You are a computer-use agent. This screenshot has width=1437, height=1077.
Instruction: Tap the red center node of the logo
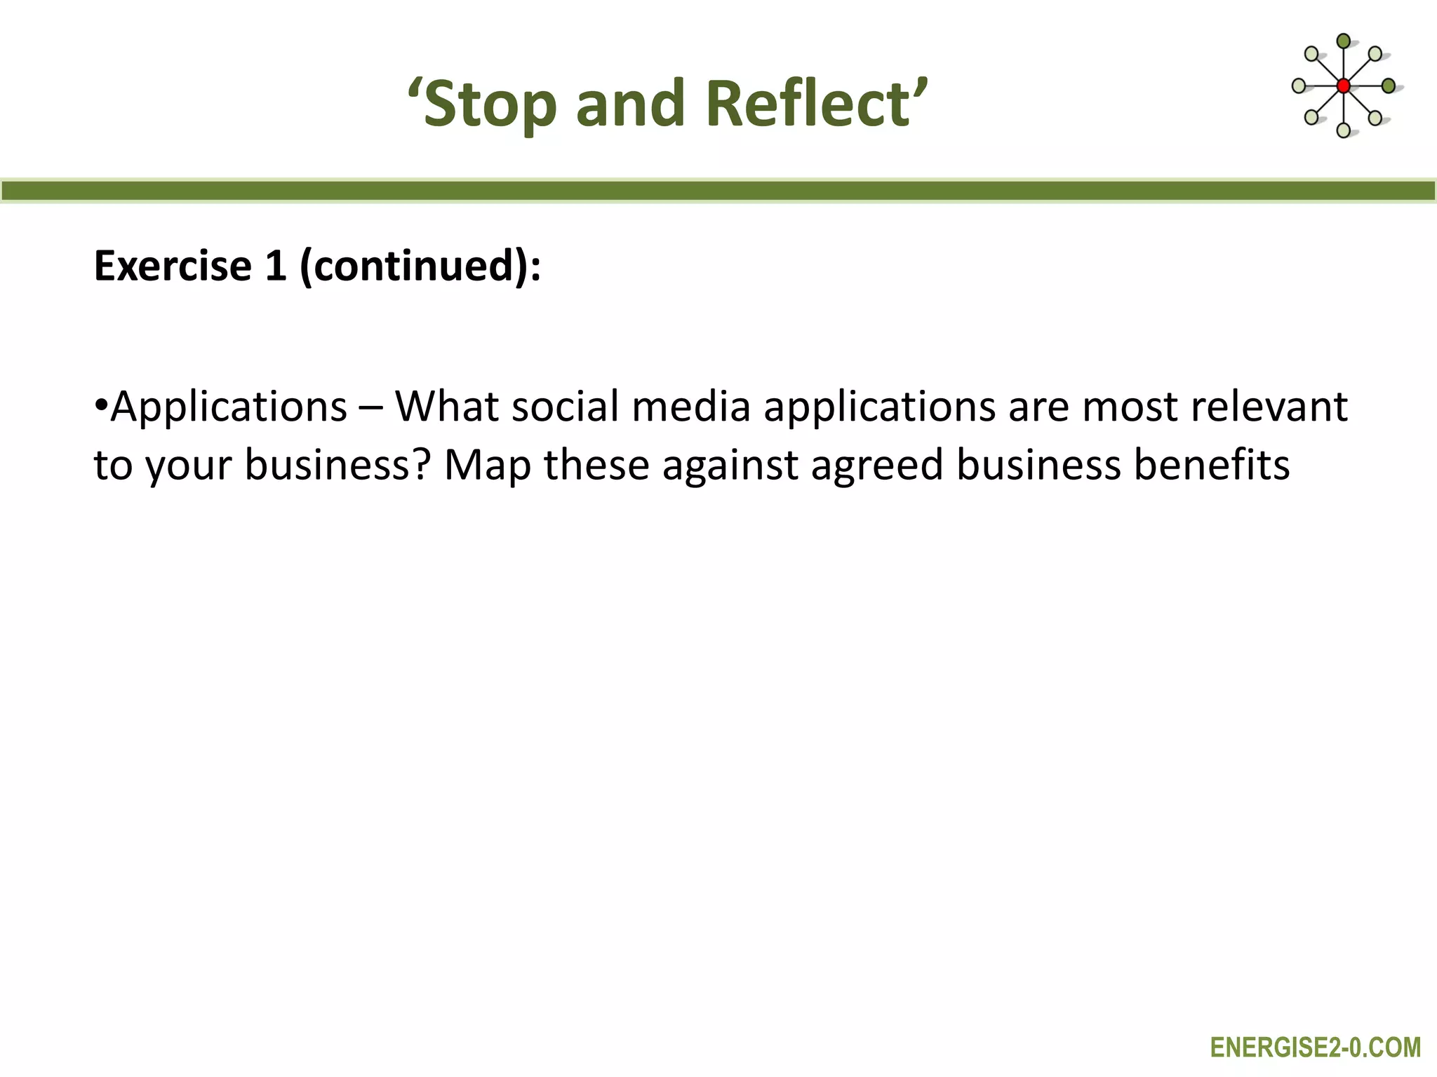1343,86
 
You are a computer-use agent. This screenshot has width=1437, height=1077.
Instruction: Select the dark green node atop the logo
1343,41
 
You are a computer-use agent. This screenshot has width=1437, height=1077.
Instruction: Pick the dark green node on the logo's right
1388,86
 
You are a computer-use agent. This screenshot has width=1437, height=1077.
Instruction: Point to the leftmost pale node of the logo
1299,86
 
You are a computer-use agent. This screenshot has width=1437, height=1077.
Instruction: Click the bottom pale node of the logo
1343,130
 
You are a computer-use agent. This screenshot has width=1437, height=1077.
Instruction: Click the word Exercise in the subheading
173,266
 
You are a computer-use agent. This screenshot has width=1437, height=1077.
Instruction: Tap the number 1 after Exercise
275,266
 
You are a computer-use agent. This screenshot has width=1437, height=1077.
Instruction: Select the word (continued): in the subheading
420,266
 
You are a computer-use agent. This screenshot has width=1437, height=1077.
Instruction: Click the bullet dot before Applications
101,407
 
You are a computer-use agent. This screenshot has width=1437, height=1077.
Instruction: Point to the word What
446,407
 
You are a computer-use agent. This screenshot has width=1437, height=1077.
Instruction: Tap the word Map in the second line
488,466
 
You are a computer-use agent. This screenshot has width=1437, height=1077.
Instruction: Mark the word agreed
877,466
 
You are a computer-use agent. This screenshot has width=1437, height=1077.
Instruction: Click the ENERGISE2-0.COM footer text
1315,1048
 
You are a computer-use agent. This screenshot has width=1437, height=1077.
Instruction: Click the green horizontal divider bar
718,191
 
